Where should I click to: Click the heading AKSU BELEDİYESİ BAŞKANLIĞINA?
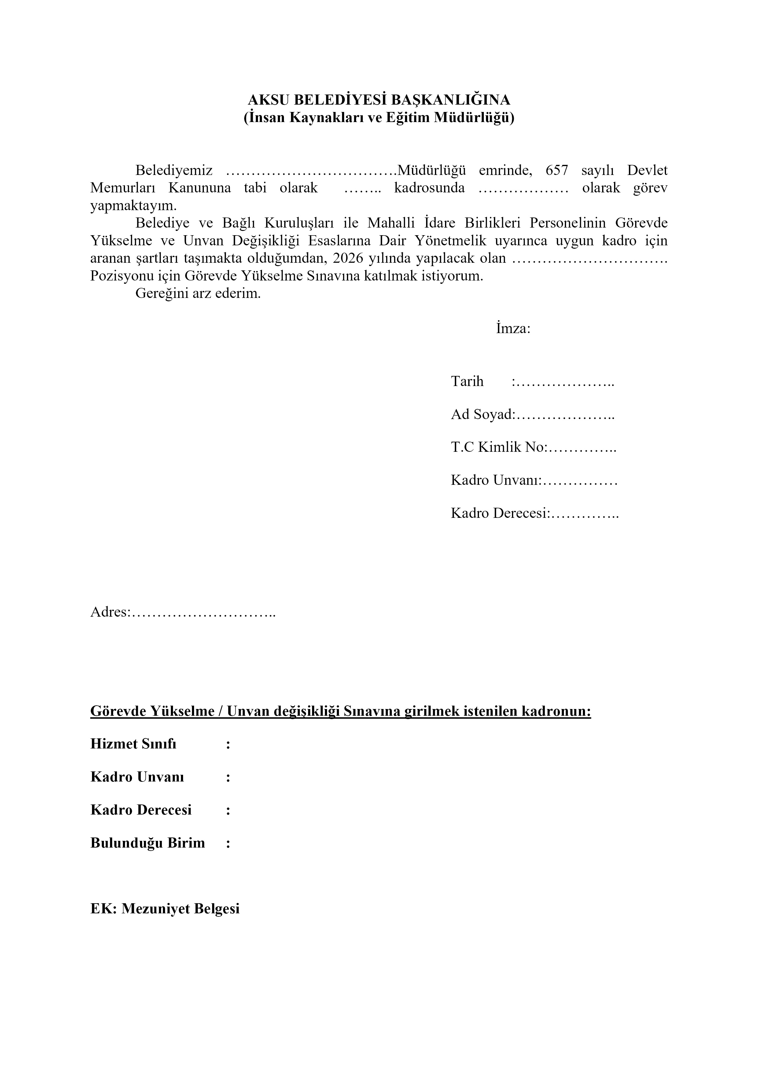(379, 99)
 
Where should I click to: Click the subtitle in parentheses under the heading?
(379, 118)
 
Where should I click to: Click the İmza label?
(513, 329)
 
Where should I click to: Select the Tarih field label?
(467, 381)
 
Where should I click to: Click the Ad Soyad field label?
(482, 414)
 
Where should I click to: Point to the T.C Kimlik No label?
(498, 447)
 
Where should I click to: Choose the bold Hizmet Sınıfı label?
(133, 744)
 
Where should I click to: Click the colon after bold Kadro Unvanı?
(228, 777)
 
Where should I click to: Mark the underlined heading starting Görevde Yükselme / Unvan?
(340, 711)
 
